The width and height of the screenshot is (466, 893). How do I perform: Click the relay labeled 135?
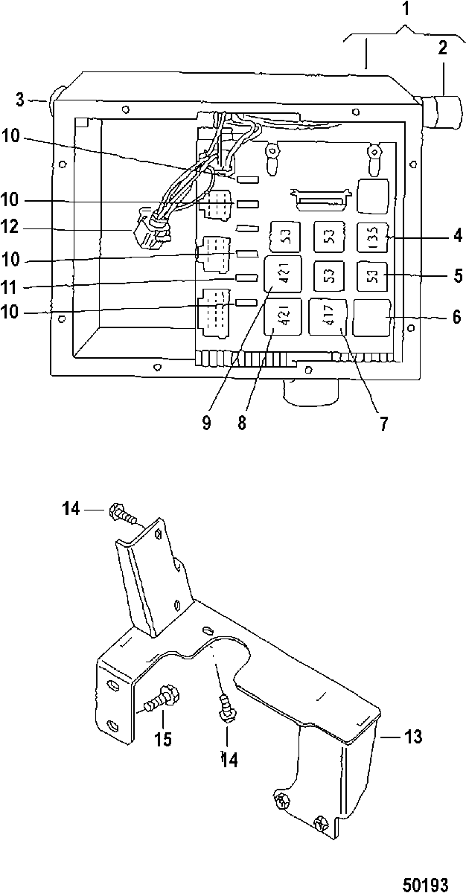[372, 237]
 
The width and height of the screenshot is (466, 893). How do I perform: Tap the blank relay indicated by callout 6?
[371, 317]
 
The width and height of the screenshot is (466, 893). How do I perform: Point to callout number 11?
[10, 287]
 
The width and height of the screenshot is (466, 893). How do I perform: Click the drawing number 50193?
[426, 883]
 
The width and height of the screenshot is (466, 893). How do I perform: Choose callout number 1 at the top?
[406, 8]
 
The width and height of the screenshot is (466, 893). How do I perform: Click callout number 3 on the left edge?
[19, 99]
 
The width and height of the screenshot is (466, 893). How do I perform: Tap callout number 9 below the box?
[206, 423]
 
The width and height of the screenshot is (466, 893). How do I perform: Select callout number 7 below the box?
[383, 423]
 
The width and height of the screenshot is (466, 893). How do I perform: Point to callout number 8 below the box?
[242, 423]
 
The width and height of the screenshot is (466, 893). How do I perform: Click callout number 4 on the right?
[458, 235]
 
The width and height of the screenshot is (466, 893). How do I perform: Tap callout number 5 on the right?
[458, 276]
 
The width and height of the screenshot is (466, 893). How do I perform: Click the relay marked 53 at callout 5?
[372, 275]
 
